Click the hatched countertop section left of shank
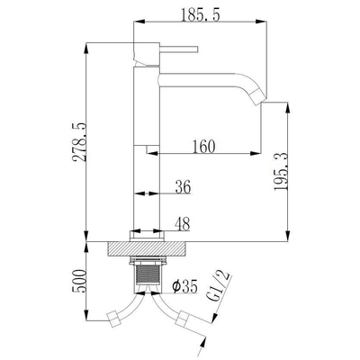(119, 247)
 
